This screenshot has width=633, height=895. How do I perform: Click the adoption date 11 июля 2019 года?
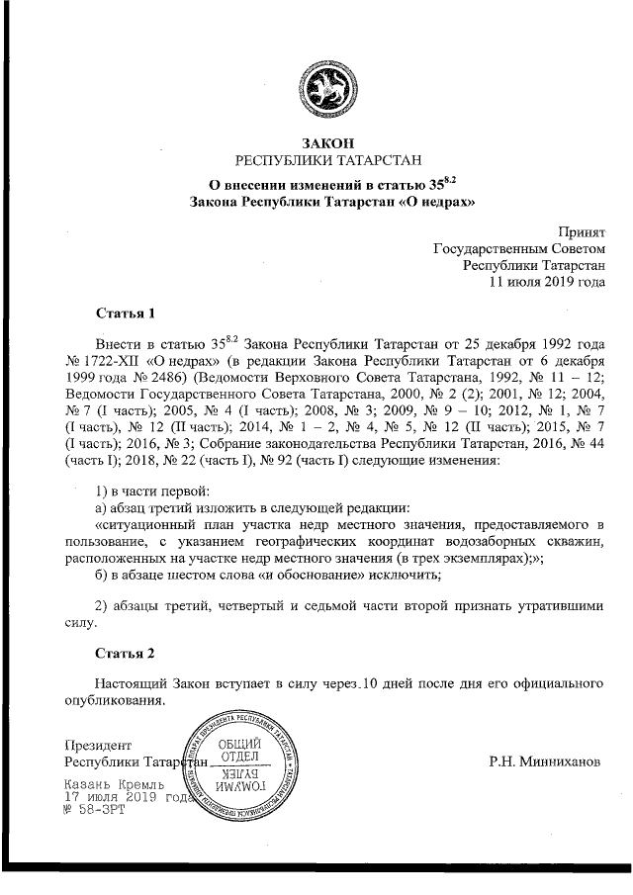548,281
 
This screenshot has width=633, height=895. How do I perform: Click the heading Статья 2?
126,655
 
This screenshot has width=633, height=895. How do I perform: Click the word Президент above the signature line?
97,746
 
